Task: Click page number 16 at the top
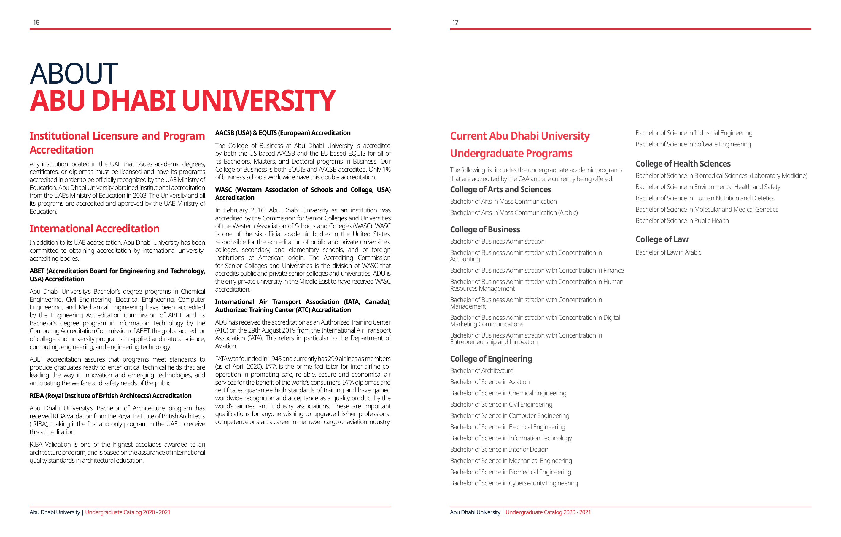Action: pyautogui.click(x=36, y=22)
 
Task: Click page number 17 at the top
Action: pyautogui.click(x=455, y=22)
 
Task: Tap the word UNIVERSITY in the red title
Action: pyautogui.click(x=258, y=101)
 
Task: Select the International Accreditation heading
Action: pyautogui.click(x=94, y=228)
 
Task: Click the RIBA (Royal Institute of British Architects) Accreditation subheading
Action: pyautogui.click(x=110, y=396)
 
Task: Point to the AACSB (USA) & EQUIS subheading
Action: pyautogui.click(x=282, y=133)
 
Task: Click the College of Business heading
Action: pyautogui.click(x=485, y=230)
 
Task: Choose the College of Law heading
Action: pyautogui.click(x=662, y=239)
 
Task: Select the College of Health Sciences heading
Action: pyautogui.click(x=683, y=164)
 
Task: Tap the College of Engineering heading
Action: pyautogui.click(x=491, y=359)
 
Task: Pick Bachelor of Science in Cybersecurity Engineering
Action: pyautogui.click(x=514, y=483)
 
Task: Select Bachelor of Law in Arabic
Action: pyautogui.click(x=668, y=252)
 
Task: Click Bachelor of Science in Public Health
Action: pyautogui.click(x=682, y=220)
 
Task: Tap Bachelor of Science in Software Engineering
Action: pyautogui.click(x=693, y=144)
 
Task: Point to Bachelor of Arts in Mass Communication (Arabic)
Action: pyautogui.click(x=514, y=212)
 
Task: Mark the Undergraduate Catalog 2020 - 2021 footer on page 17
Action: pyautogui.click(x=548, y=512)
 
